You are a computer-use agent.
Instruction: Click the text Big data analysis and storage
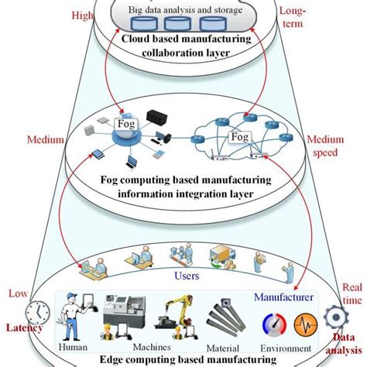[x=183, y=9]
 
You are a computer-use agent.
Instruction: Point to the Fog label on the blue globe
[x=125, y=122]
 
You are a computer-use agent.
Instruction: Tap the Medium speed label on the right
[x=325, y=146]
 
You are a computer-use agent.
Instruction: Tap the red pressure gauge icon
[x=263, y=323]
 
